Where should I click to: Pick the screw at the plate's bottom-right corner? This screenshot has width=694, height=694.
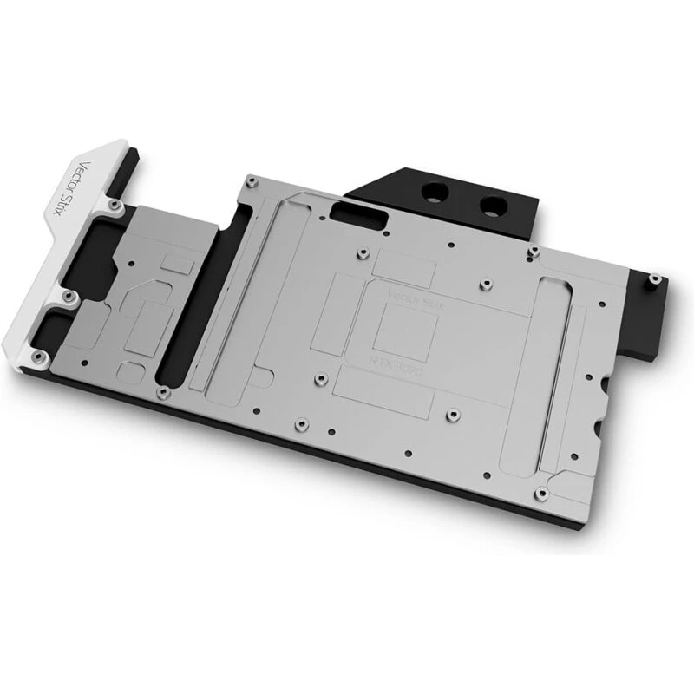click(x=539, y=494)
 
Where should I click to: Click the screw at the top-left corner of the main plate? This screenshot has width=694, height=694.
click(x=249, y=180)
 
